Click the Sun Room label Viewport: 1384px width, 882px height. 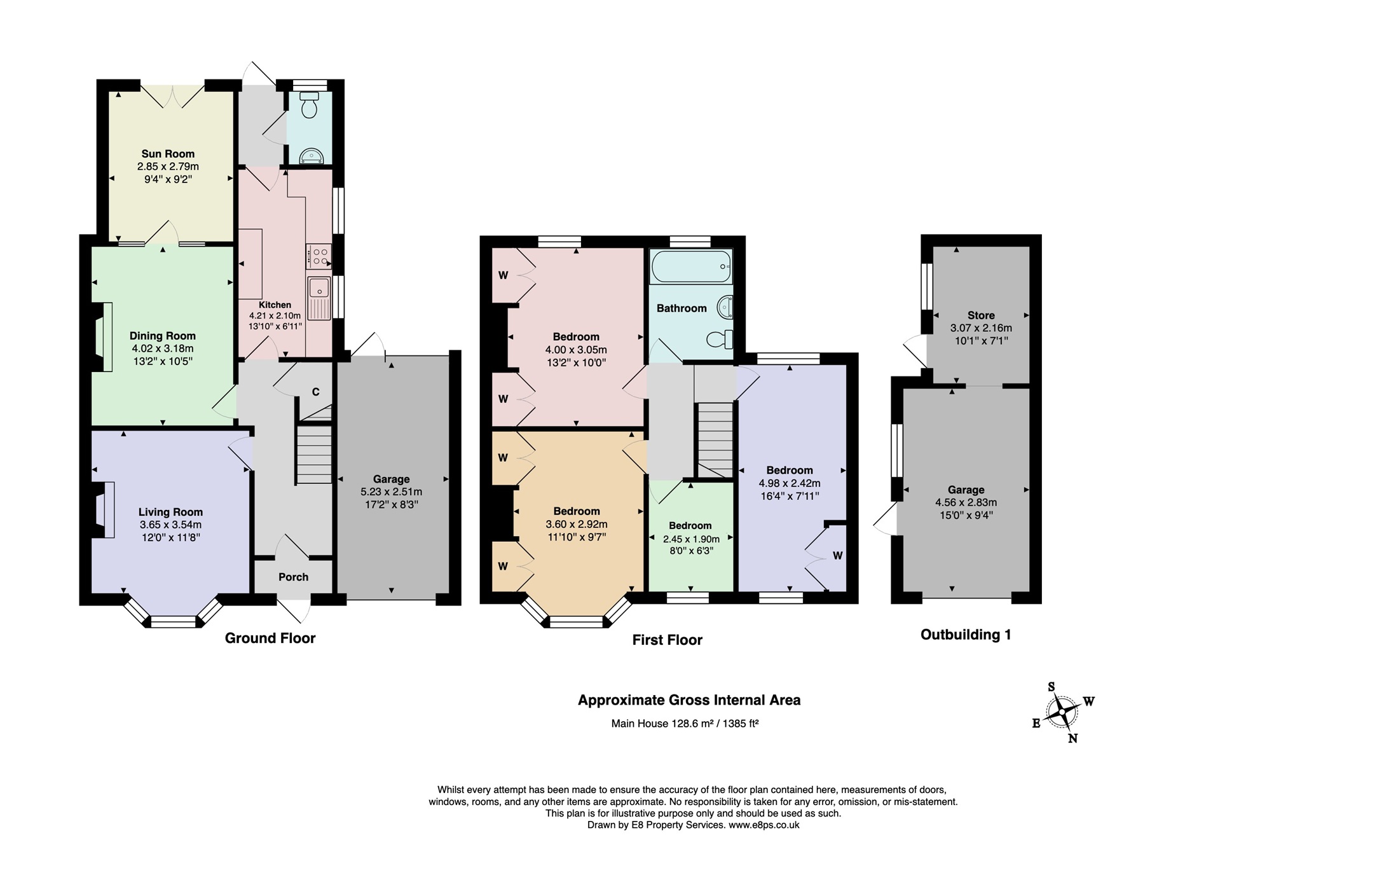click(168, 154)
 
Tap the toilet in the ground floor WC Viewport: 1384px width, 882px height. click(310, 106)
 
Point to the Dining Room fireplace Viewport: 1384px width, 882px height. click(103, 336)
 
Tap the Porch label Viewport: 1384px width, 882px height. click(293, 577)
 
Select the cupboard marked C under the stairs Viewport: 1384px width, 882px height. click(315, 392)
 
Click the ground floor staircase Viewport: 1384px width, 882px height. click(315, 455)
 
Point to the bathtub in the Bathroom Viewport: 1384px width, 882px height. click(690, 266)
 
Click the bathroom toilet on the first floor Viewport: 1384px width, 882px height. click(720, 339)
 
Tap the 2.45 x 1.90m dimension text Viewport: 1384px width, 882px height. click(691, 539)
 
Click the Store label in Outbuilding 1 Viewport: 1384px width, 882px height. click(981, 315)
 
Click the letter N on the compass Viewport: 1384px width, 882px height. click(1073, 738)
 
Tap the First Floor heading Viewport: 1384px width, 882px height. click(667, 640)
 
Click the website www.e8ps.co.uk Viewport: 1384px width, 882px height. click(764, 825)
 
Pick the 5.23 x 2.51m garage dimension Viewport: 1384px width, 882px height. click(391, 492)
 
